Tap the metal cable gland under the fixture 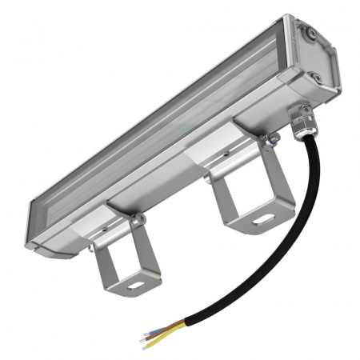click(x=303, y=122)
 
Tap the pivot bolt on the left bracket click(x=137, y=218)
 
